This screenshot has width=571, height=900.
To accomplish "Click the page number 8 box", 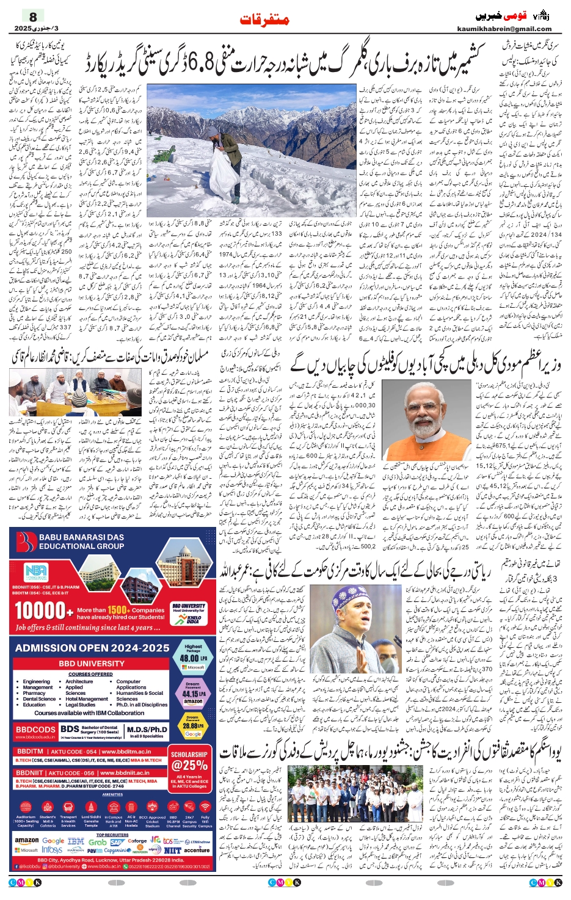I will [x=34, y=16].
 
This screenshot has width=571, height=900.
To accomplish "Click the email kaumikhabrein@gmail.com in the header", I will [x=504, y=29].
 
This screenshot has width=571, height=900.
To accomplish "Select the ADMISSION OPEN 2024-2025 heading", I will [x=92, y=648].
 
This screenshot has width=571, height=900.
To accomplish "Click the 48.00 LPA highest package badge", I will [x=193, y=656].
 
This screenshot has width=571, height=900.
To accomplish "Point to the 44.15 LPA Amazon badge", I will [x=193, y=694].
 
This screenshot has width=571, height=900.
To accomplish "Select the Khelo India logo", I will [x=189, y=619].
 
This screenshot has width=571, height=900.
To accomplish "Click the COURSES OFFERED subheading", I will [x=90, y=674].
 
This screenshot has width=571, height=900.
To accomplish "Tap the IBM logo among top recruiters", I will [x=76, y=840].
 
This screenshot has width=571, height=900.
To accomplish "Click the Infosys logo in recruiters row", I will [x=52, y=850].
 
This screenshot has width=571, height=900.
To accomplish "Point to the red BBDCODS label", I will [x=35, y=729].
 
